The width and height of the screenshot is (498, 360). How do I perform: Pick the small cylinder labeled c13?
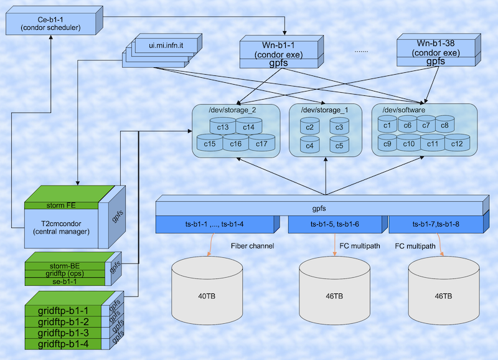(x=223, y=128)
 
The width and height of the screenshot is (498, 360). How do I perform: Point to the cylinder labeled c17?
(x=261, y=144)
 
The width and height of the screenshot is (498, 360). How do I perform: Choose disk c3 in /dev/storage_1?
(x=339, y=128)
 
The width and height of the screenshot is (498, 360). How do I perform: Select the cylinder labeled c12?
(x=457, y=144)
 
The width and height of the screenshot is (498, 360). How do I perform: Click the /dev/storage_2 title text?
(x=232, y=110)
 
